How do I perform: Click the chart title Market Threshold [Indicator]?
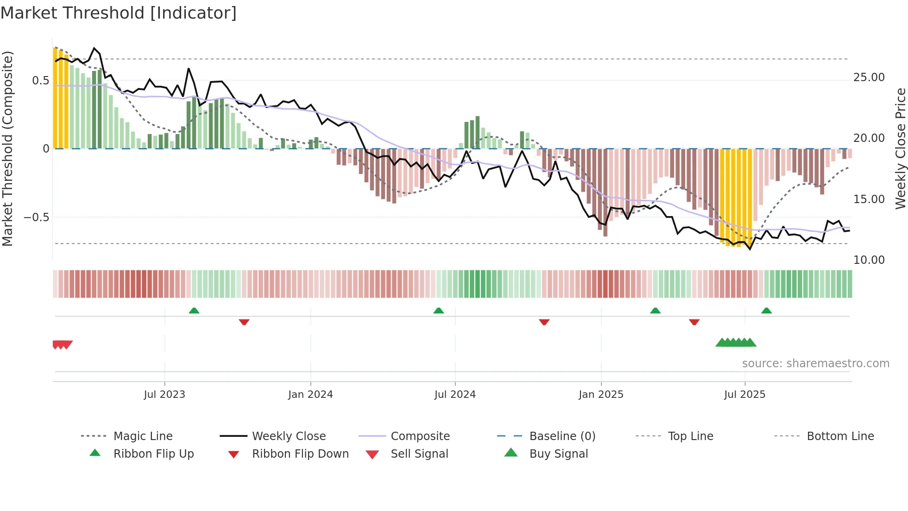point(119,13)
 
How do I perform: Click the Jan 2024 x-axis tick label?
point(310,395)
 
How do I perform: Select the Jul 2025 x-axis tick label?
point(744,395)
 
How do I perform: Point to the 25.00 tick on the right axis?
point(869,77)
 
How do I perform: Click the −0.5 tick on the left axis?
point(37,217)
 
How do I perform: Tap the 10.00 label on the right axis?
point(869,260)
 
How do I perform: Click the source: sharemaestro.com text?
point(815,364)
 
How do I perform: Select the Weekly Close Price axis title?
point(900,148)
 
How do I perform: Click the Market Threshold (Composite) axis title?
point(7,148)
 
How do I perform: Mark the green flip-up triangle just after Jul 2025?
point(766,311)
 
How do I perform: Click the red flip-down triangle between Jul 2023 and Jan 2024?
point(244,322)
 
